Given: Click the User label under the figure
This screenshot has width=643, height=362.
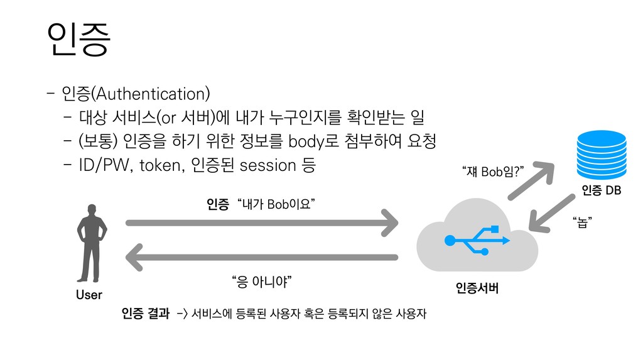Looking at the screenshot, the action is point(89,295).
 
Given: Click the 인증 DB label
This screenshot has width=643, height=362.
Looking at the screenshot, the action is point(601,190).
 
